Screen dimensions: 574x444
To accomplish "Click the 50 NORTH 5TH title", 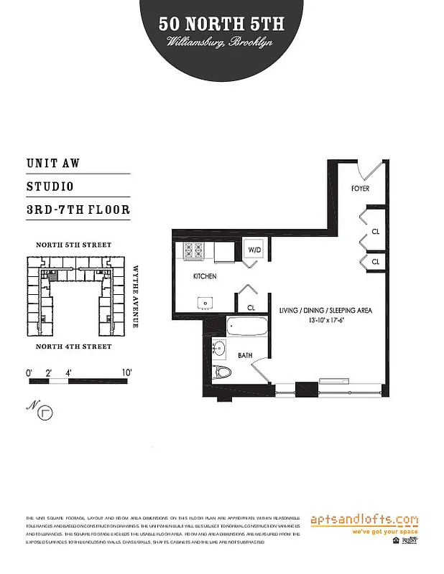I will click(x=222, y=24).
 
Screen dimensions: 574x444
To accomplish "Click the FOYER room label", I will click(x=360, y=189).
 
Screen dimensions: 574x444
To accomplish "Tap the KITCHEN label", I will click(x=205, y=276).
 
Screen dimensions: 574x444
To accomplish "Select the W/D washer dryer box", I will click(x=255, y=250).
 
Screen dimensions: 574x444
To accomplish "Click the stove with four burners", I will click(x=195, y=251).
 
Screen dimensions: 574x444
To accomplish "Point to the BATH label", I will click(x=245, y=354).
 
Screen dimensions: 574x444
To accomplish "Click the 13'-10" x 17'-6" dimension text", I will click(x=324, y=321).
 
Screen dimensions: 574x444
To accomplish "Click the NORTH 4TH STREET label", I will click(x=74, y=347).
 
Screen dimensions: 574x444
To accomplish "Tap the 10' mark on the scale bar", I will click(x=126, y=373).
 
